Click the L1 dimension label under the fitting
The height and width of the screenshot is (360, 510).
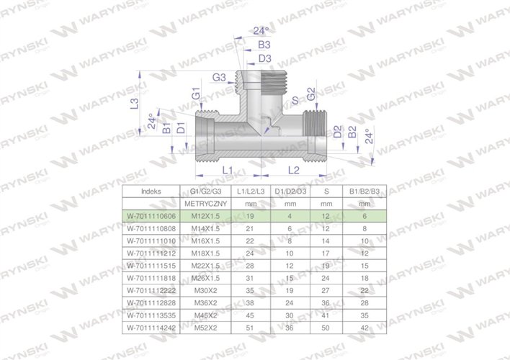tap(225, 169)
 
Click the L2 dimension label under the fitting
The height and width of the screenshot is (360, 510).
tap(294, 169)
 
